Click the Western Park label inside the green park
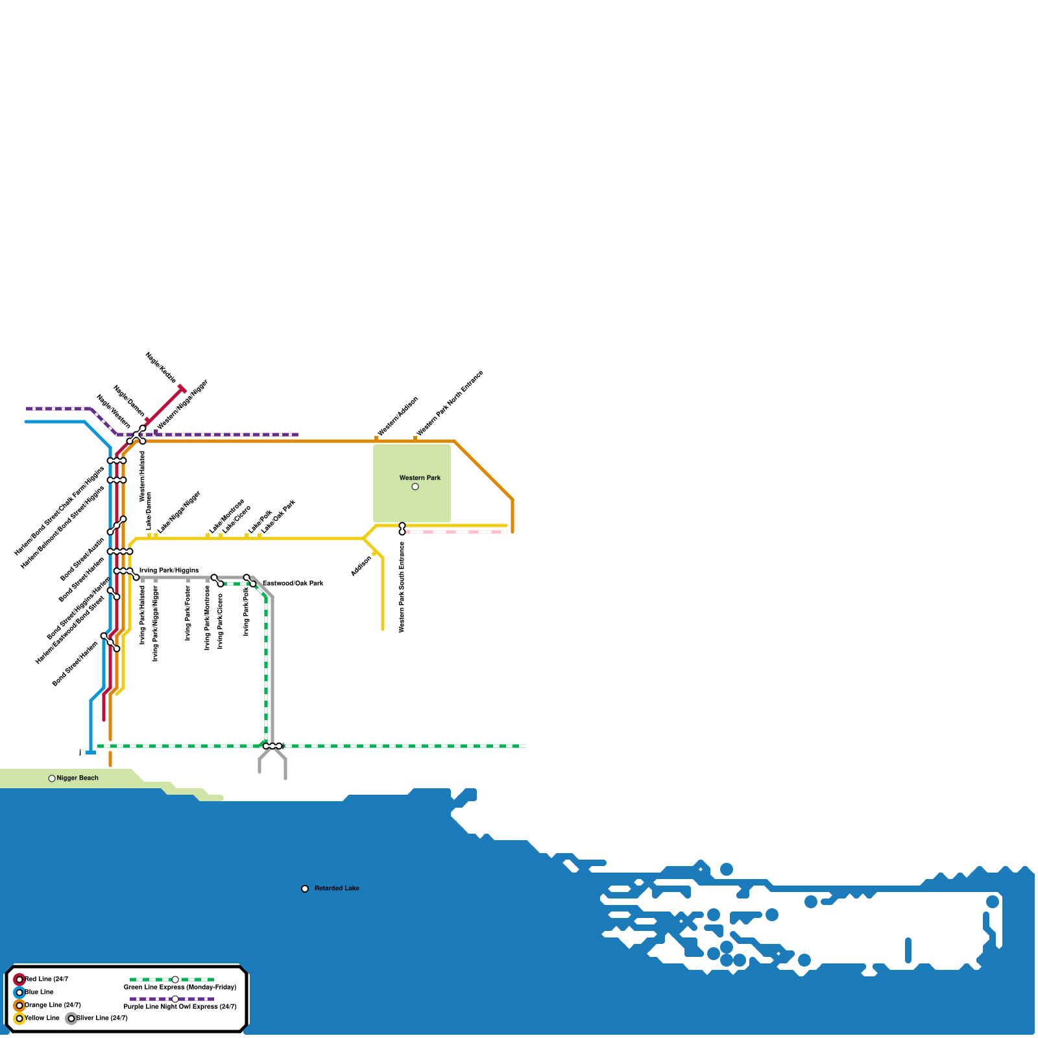(420, 478)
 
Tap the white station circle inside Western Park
(415, 487)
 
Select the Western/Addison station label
(398, 416)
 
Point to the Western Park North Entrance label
(450, 403)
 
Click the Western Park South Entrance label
(402, 587)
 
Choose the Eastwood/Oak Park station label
(293, 584)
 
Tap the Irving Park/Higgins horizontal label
(169, 571)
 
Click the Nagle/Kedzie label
(160, 367)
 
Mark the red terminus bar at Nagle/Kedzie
(182, 389)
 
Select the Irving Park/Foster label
(188, 613)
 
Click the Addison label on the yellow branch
(361, 566)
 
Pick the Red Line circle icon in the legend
(19, 980)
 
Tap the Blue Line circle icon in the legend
(19, 993)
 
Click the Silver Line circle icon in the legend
(71, 1019)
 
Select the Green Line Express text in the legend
(180, 987)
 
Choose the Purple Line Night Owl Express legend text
(180, 1007)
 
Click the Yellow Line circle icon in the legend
(19, 1019)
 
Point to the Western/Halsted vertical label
(143, 476)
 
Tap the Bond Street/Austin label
(82, 559)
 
